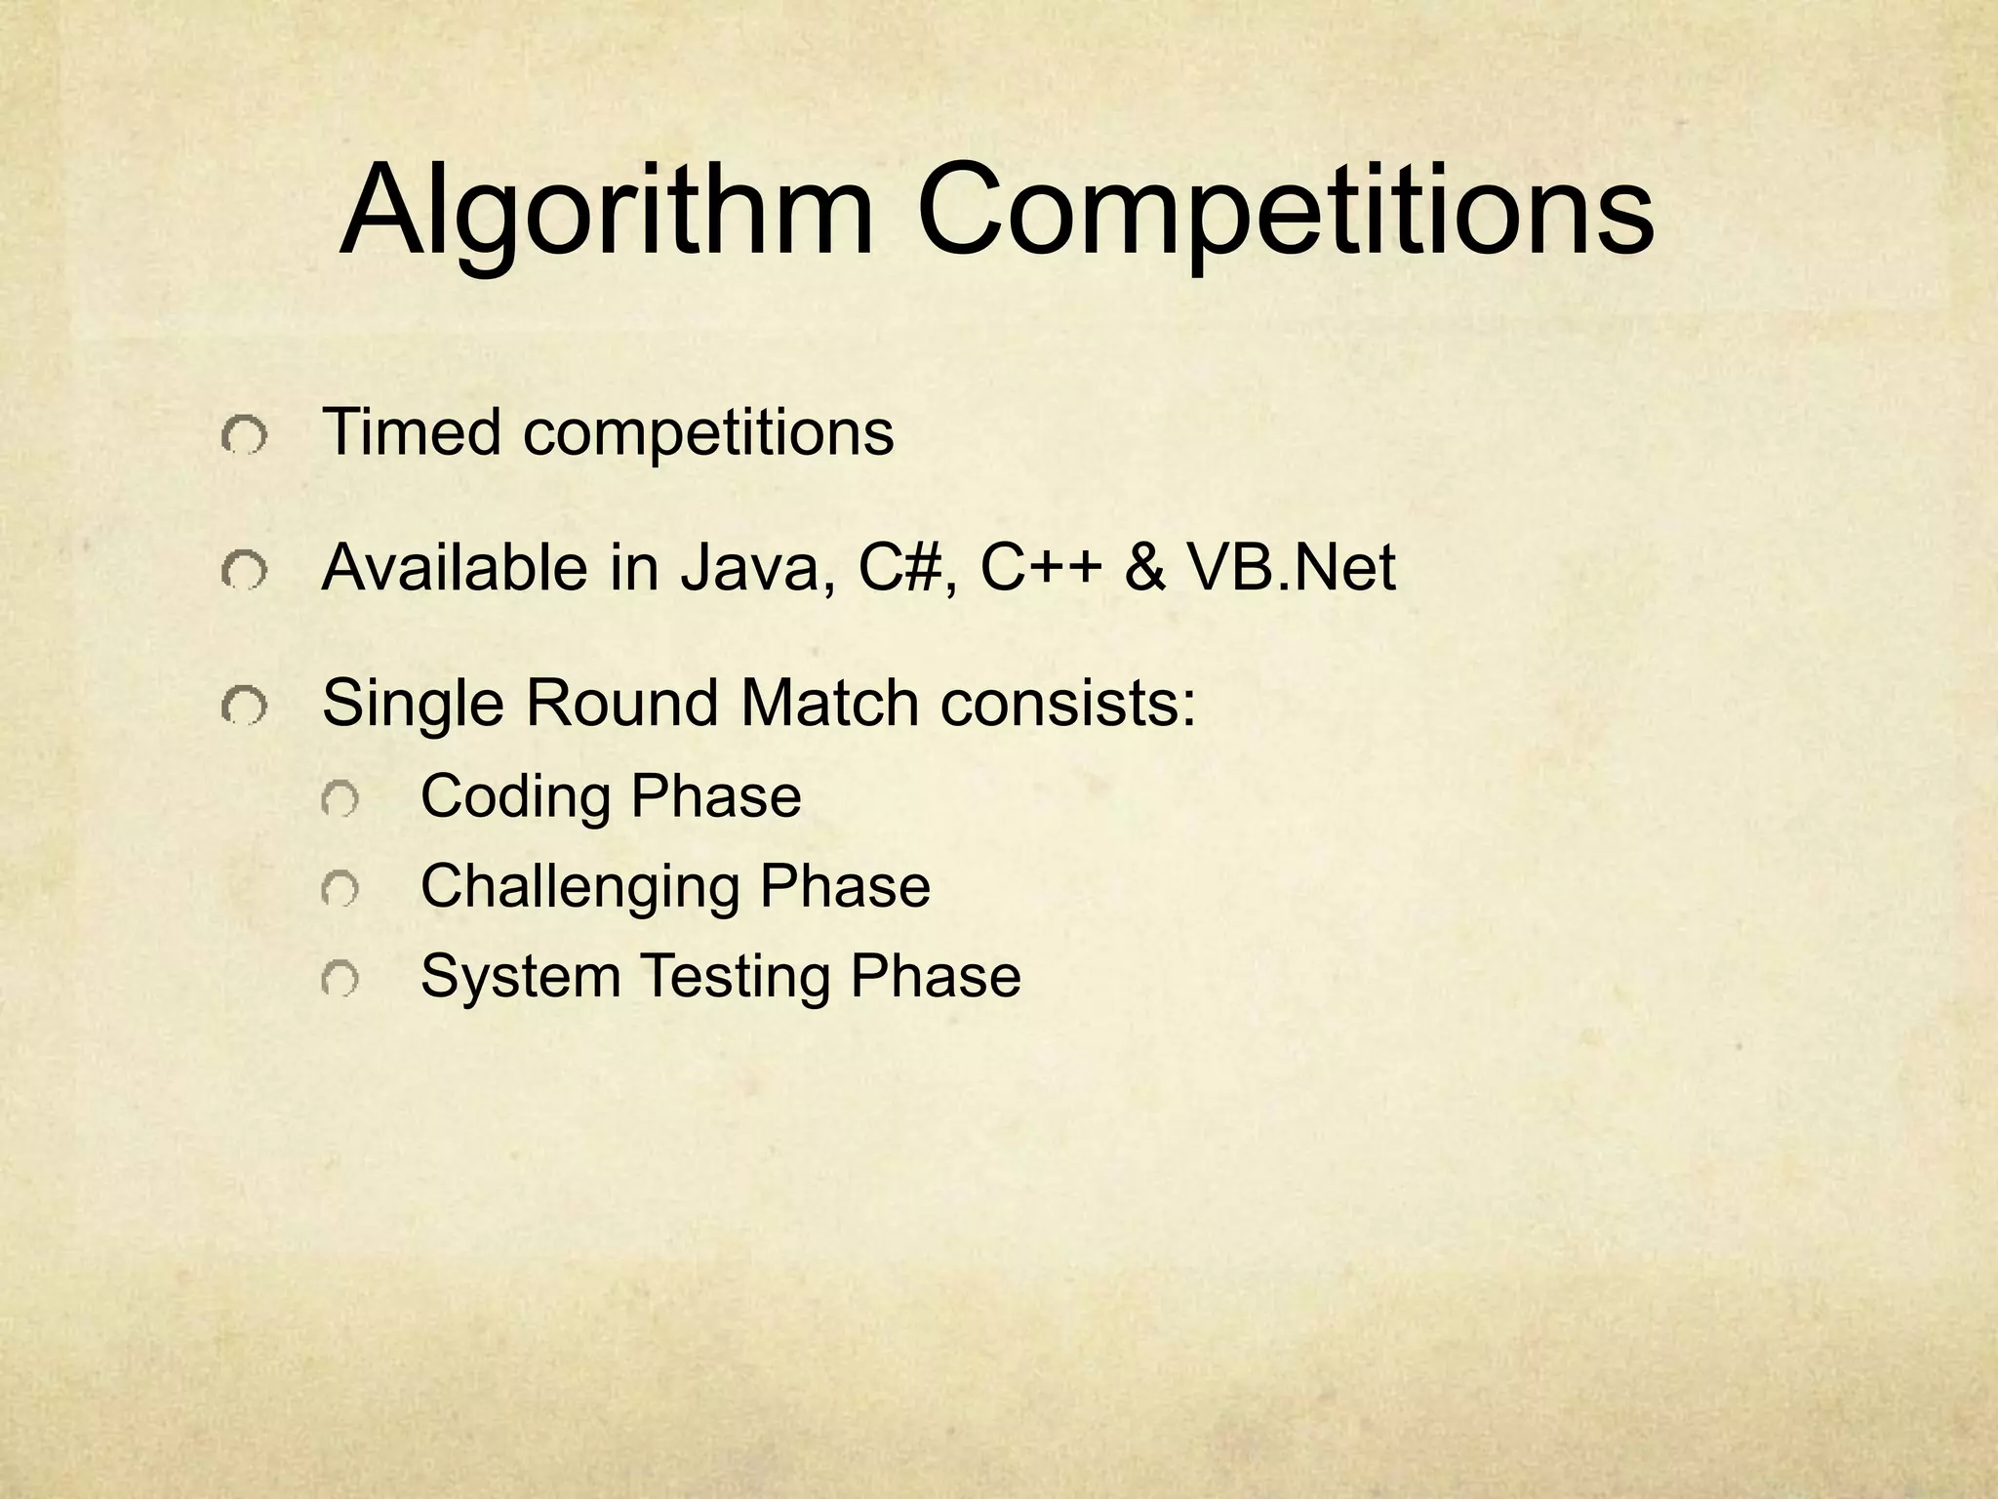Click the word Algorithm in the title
(x=606, y=213)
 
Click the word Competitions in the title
(x=1285, y=213)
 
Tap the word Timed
(x=412, y=431)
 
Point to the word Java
(x=757, y=567)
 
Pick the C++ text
(x=1041, y=567)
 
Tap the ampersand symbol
(x=1145, y=567)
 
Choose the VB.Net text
(x=1292, y=567)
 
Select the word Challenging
(x=579, y=886)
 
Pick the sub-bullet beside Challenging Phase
(x=340, y=890)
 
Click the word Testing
(x=734, y=976)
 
